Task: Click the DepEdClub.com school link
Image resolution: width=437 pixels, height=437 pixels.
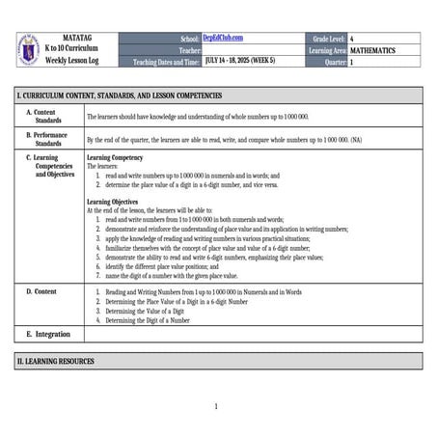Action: point(223,38)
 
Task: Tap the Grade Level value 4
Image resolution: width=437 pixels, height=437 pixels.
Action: point(352,38)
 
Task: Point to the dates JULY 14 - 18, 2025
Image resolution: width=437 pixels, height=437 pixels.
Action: point(240,60)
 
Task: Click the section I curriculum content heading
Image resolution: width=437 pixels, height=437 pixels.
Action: point(120,96)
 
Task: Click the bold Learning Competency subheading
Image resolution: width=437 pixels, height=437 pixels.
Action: point(115,157)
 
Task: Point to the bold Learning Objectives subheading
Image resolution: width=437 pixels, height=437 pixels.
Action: point(113,201)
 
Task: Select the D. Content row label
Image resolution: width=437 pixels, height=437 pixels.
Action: point(42,290)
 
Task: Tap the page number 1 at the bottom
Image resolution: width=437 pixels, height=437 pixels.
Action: point(216,406)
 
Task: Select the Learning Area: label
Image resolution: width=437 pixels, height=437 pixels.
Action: point(327,49)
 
